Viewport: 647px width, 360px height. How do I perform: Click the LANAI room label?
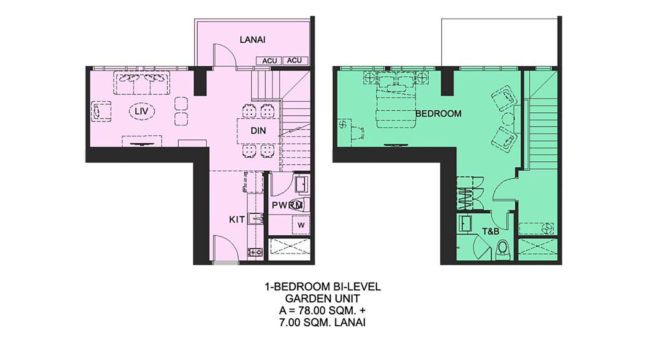point(253,40)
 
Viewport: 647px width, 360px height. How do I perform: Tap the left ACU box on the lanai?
point(269,61)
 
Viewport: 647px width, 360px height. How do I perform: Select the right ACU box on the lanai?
point(295,61)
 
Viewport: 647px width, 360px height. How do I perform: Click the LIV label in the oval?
point(142,111)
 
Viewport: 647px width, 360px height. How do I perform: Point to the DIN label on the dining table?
point(258,131)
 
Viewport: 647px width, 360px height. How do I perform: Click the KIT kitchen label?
point(237,220)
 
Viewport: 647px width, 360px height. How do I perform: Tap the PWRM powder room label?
point(287,205)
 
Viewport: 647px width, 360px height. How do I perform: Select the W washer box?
point(301,225)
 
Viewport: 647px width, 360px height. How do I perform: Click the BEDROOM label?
point(438,114)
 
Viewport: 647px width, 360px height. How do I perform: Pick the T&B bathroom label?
point(491,232)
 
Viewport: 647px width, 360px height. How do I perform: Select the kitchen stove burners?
point(255,252)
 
